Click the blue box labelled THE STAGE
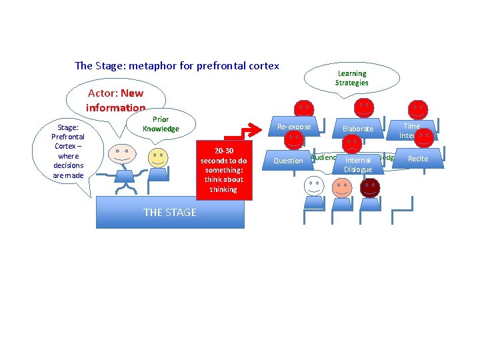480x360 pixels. (170, 212)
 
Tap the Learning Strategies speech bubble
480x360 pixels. (351, 78)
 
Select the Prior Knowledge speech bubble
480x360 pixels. (161, 124)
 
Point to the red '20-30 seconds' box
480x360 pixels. (223, 170)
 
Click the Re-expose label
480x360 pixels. (293, 127)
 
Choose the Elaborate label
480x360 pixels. (358, 129)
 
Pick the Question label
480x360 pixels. (288, 161)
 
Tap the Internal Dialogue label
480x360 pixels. (358, 165)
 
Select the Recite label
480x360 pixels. (418, 159)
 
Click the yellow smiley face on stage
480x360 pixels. (158, 159)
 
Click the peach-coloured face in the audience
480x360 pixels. (341, 187)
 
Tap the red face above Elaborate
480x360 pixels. (363, 107)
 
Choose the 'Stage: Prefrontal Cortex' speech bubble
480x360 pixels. (69, 151)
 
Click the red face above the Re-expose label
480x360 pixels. (303, 108)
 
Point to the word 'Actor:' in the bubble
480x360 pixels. (103, 93)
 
